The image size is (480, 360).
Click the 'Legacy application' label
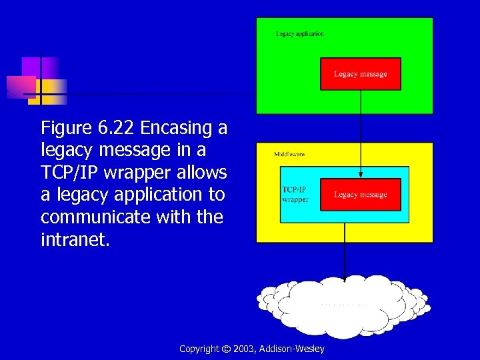300,34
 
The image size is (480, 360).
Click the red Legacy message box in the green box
360,74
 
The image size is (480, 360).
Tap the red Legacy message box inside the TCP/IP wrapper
360,195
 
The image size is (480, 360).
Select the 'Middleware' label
289,154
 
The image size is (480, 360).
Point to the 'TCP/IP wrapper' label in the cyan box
295,194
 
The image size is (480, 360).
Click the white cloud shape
344,307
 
